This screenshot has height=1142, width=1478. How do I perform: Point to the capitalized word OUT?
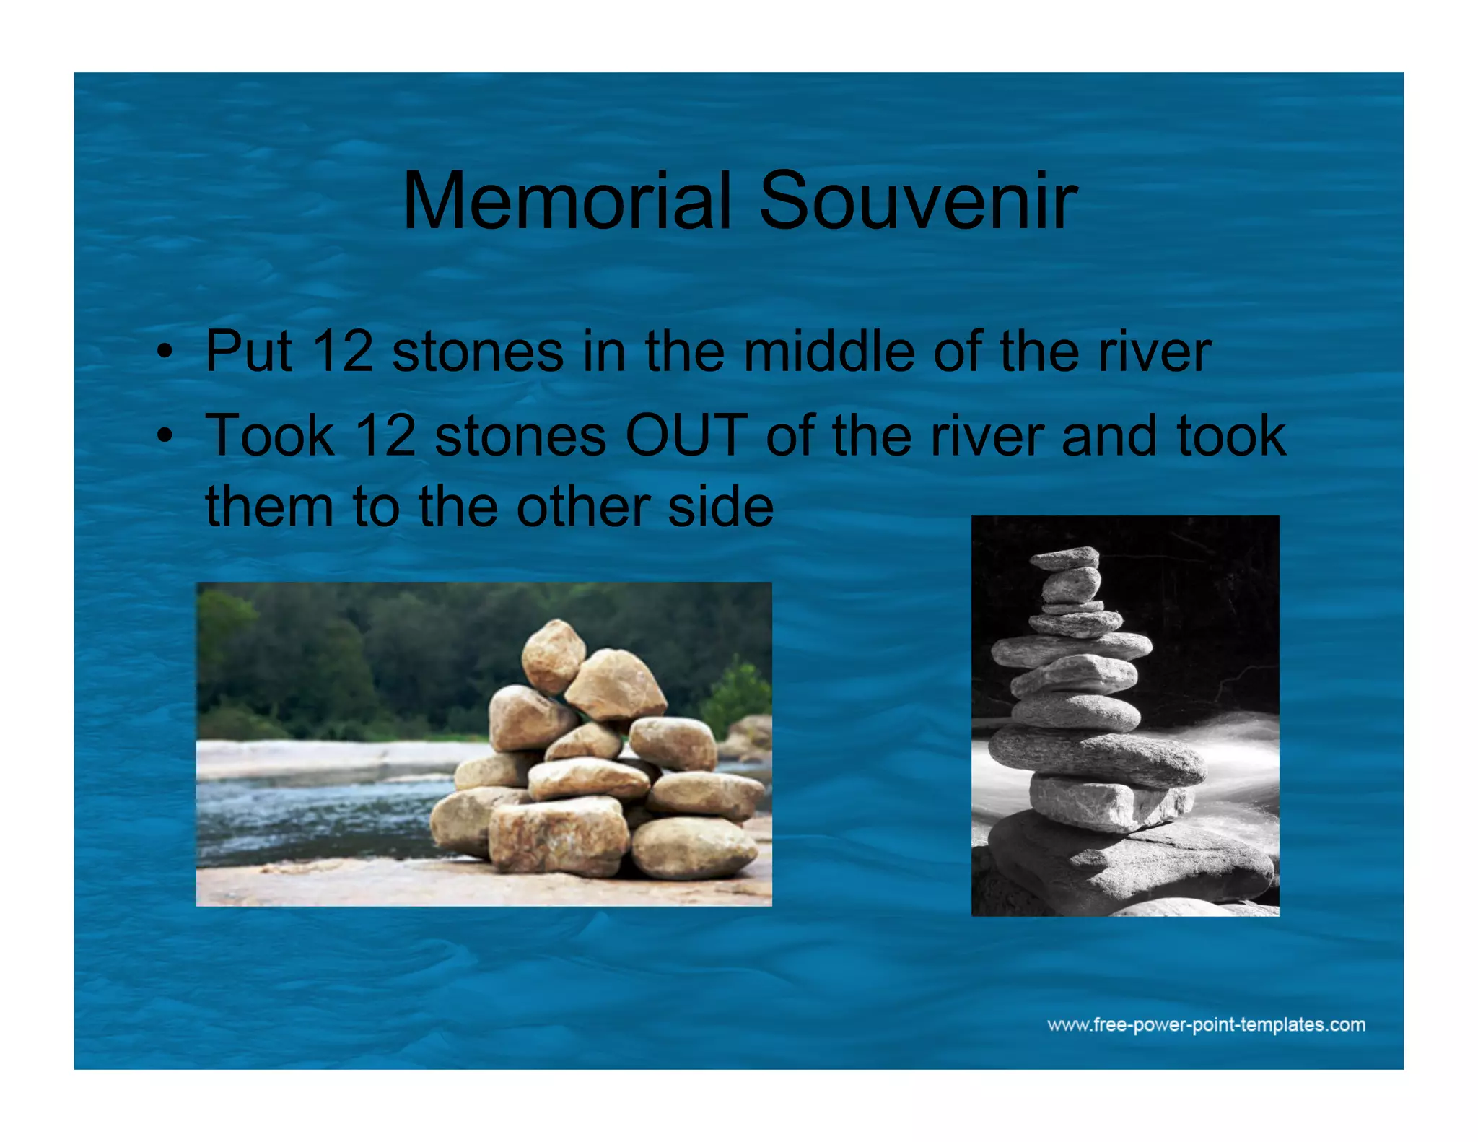click(686, 436)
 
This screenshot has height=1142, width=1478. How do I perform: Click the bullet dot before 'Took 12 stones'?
click(165, 437)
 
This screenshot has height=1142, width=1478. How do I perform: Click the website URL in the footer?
click(1206, 1025)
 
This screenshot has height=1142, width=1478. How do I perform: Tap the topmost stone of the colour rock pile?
click(553, 655)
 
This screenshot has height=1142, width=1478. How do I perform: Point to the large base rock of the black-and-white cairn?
click(1126, 863)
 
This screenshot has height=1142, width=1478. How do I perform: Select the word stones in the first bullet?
click(477, 352)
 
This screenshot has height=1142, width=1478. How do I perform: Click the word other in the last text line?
click(582, 506)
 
